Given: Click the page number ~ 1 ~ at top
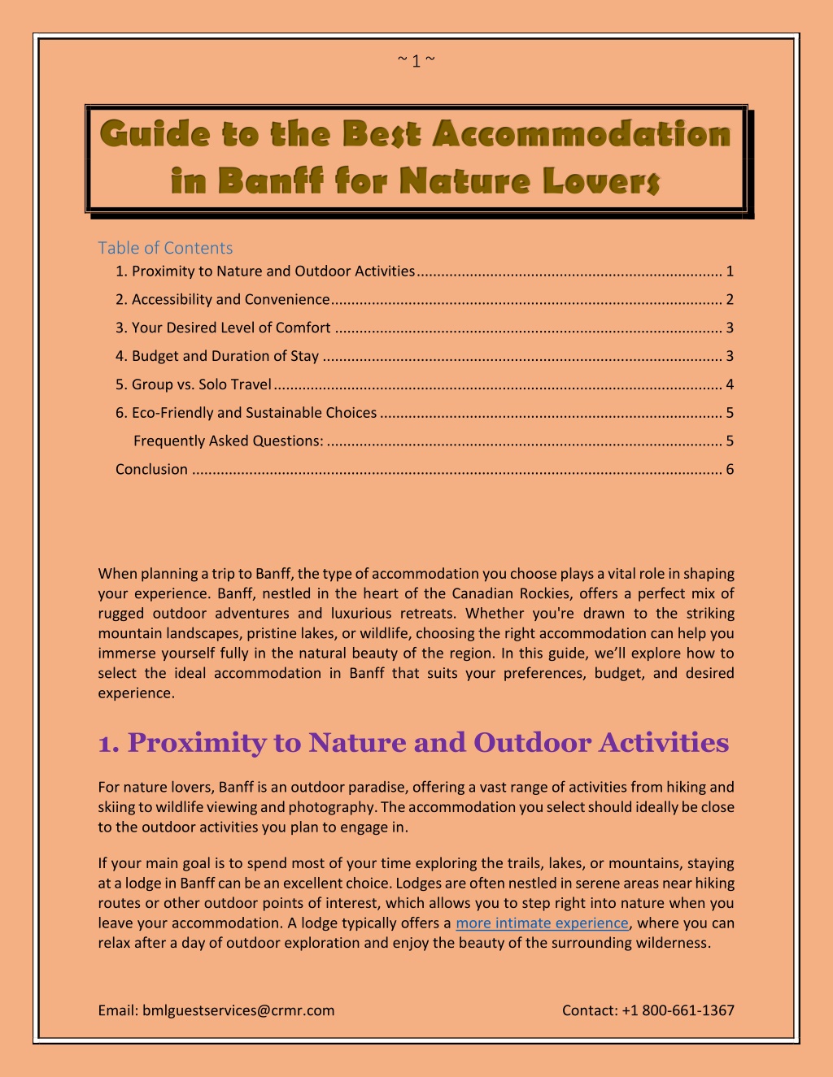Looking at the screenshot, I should click(x=416, y=61).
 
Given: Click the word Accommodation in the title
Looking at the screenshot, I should click(x=582, y=133).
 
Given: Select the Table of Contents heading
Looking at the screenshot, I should click(x=165, y=248).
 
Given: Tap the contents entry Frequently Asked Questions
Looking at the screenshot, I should click(x=228, y=441).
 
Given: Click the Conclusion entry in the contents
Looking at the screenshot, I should click(x=151, y=469).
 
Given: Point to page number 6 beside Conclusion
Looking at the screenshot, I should click(x=730, y=469).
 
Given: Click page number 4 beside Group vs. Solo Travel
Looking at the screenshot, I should click(x=730, y=384).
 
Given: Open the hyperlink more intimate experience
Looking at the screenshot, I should click(x=542, y=923).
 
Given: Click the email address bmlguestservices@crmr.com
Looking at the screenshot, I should click(x=238, y=1010).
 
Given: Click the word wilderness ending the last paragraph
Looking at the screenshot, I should click(x=672, y=943).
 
